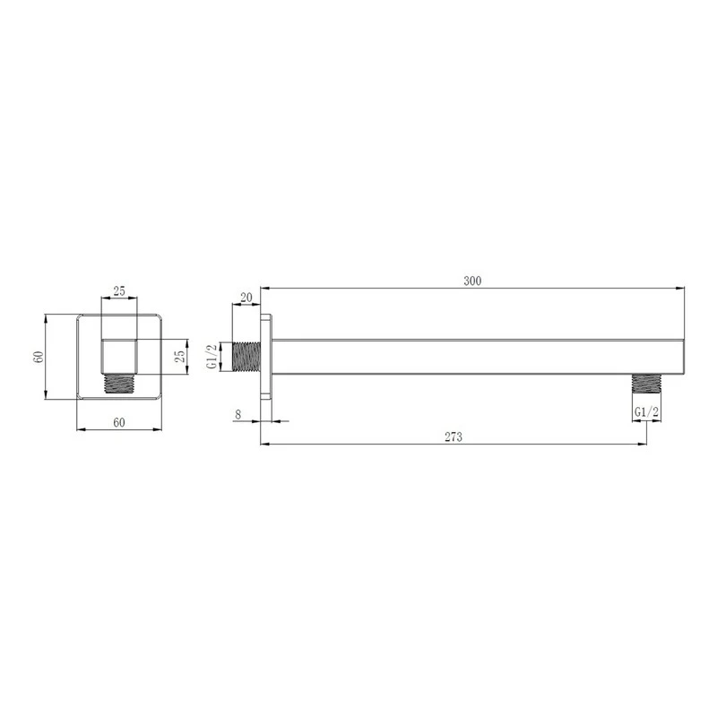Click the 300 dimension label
pos(472,281)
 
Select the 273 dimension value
pos(454,437)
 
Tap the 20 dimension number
pos(246,298)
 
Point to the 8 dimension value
pos(238,415)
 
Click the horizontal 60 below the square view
pos(119,422)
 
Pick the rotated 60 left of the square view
pos(39,357)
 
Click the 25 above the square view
pos(119,290)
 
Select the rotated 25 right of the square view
pos(180,356)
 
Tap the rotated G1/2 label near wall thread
pos(212,357)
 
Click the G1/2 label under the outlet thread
pos(646,412)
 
